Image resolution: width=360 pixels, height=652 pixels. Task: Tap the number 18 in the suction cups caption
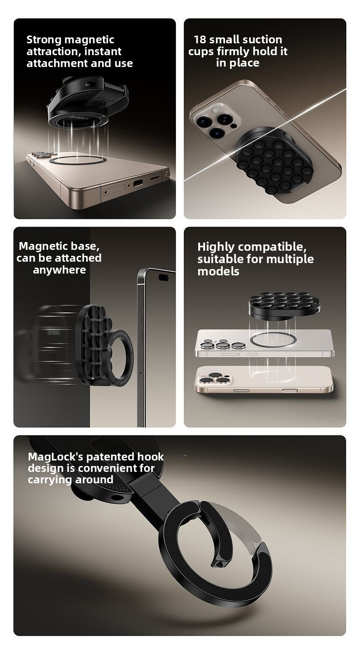200,39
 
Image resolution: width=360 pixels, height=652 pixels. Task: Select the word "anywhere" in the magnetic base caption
59,270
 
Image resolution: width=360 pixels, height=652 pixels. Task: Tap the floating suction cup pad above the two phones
284,306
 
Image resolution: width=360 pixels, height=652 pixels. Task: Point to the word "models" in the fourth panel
218,271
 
